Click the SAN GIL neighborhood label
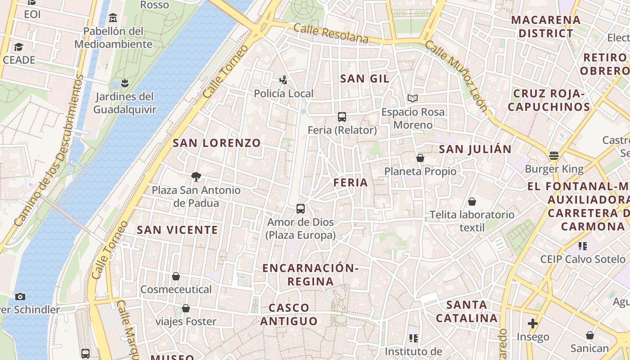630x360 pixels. coord(364,79)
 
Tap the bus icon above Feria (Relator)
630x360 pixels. coord(342,117)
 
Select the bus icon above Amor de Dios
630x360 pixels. coord(301,209)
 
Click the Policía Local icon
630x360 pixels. coord(283,81)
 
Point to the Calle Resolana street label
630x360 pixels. coord(331,34)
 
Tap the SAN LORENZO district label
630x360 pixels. coord(217,143)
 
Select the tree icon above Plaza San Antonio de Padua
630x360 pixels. coord(196,177)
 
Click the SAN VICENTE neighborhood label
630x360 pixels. coord(177,230)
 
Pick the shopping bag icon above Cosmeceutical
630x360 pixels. coord(176,276)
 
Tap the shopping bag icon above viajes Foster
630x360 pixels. coord(185,308)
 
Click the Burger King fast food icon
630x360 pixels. coord(554,156)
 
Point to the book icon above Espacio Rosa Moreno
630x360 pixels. coord(413,98)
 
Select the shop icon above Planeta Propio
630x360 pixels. coord(420,158)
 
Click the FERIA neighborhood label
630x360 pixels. coord(351,183)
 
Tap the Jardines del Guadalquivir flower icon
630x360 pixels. coord(125,83)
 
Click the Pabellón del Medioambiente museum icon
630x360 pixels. coord(113,18)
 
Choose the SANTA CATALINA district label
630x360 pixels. coord(467,311)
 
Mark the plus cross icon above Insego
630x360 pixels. coord(533,324)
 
